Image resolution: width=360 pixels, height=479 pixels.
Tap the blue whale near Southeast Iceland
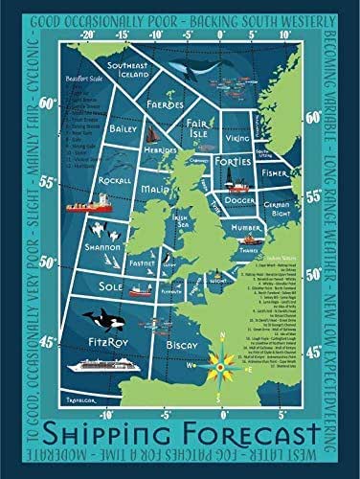tap(196, 68)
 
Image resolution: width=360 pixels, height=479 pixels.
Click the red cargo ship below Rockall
tap(83, 205)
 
